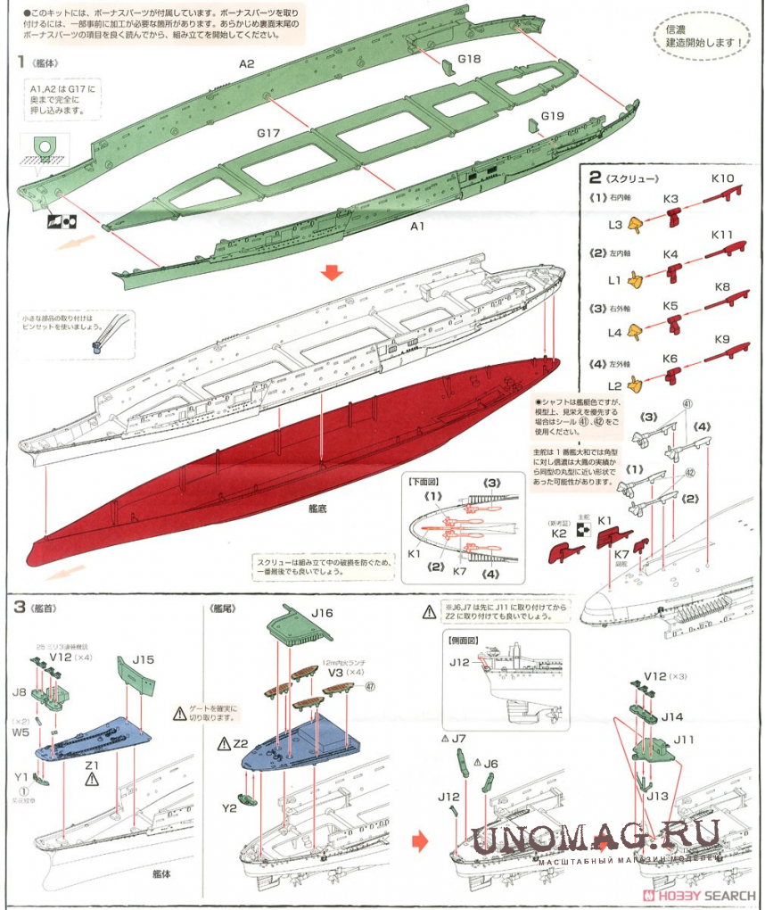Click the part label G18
pos(469,59)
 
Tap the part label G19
pos(553,116)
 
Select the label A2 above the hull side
pos(247,63)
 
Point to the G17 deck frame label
pos(269,133)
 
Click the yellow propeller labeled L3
pos(637,225)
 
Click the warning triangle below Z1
pos(91,779)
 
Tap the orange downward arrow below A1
pos(332,272)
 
